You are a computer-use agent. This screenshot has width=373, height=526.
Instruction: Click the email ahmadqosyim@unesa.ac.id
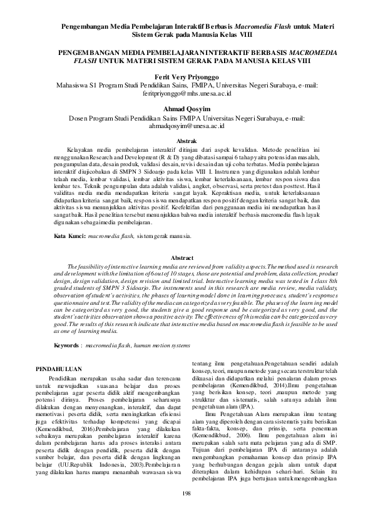click(186, 125)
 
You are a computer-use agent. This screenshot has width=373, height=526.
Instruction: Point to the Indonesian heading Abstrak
click(186, 142)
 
